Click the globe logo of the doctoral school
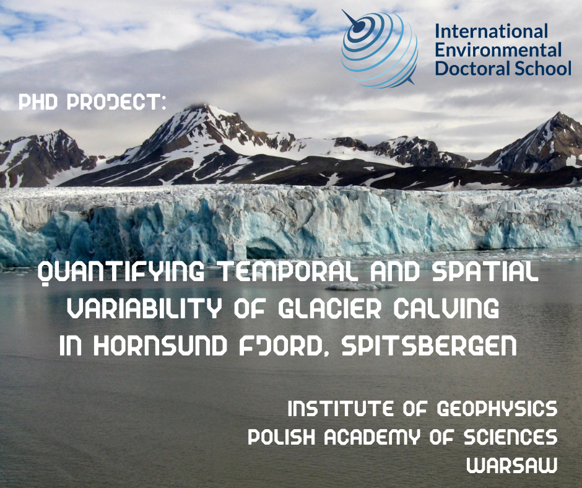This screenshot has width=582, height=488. [380, 48]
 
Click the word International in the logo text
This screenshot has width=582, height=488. [491, 31]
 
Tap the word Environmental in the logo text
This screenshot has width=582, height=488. [498, 50]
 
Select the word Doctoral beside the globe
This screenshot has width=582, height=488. [468, 69]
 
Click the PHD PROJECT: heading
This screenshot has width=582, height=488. [92, 102]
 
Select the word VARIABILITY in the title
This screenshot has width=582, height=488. [144, 308]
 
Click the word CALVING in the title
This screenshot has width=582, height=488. [446, 308]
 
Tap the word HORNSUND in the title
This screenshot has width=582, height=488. [160, 346]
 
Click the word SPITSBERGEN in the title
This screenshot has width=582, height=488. [428, 346]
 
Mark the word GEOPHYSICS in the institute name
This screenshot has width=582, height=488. [497, 409]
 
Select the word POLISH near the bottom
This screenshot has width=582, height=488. [281, 437]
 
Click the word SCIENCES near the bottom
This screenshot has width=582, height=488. [511, 437]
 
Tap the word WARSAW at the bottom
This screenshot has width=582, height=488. [512, 465]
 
